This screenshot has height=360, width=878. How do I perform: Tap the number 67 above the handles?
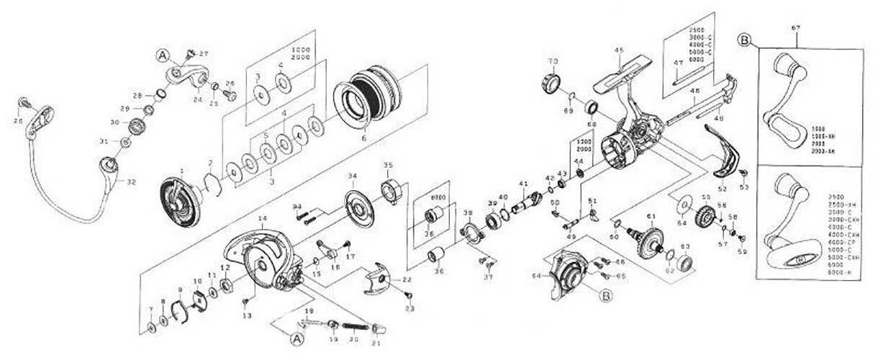[795, 28]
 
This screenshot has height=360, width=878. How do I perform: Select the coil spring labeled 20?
[353, 325]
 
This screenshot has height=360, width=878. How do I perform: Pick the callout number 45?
[618, 50]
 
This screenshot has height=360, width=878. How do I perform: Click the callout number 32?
[130, 181]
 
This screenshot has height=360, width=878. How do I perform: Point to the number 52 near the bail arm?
[722, 189]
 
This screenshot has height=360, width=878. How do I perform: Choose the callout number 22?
[407, 279]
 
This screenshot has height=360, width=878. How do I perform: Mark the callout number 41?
[523, 183]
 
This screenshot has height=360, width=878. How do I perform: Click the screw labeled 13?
[245, 300]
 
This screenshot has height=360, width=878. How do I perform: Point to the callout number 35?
[389, 165]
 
